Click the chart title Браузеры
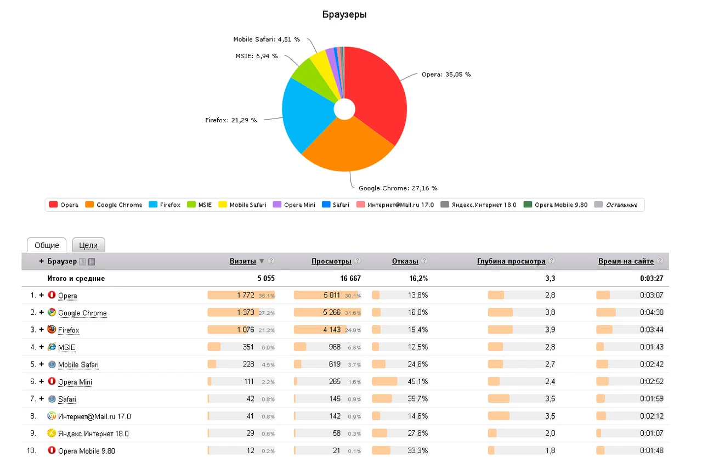344,14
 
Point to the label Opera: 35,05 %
446,74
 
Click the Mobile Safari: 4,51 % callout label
267,39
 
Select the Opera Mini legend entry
294,205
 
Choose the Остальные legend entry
616,205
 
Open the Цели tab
88,245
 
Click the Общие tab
47,245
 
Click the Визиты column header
242,261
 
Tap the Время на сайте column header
626,261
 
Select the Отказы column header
405,261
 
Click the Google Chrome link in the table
82,313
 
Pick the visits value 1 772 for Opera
245,295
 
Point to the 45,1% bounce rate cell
417,381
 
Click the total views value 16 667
350,278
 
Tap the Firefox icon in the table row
52,329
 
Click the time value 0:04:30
652,313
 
